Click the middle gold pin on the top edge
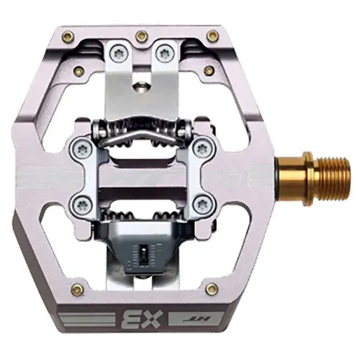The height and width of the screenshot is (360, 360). click(x=142, y=35)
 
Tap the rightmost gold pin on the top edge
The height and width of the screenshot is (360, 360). click(x=212, y=35)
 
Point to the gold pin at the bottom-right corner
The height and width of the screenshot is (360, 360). click(x=212, y=289)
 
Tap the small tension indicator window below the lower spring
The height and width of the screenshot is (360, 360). click(x=145, y=256)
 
